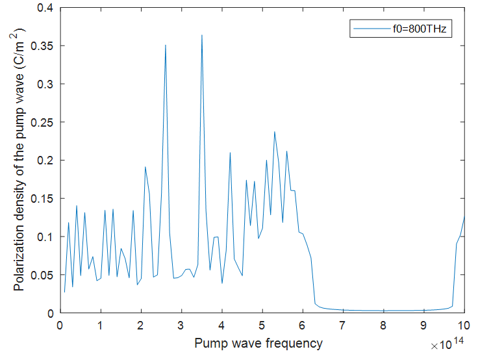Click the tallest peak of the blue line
(202, 35)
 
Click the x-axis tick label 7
(343, 325)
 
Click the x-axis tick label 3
(181, 325)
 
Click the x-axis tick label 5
(262, 325)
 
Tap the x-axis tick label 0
(60, 325)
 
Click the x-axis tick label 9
(424, 325)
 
